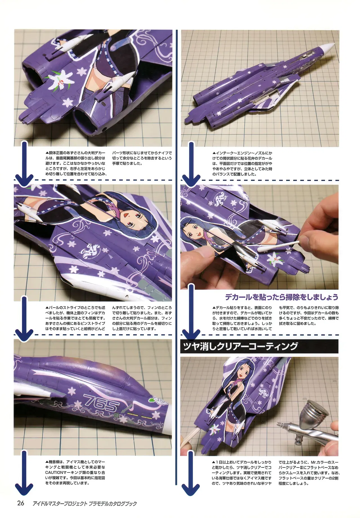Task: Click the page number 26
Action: coord(21,503)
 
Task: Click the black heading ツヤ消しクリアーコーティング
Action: coord(240,346)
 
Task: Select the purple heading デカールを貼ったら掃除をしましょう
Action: coord(282,297)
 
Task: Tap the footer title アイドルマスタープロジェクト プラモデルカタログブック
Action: coord(85,503)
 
